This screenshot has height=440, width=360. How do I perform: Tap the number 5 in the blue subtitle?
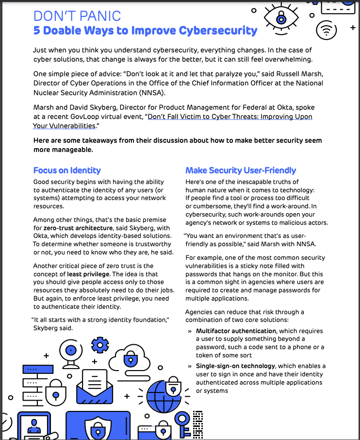(x=37, y=31)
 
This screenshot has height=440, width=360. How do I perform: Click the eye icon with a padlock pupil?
(x=281, y=17)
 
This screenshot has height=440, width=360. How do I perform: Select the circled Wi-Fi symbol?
(x=326, y=31)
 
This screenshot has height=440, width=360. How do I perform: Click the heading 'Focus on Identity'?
(x=67, y=170)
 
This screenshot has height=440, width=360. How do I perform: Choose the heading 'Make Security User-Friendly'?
(x=241, y=170)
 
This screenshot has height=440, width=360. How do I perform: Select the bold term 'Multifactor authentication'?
(x=236, y=331)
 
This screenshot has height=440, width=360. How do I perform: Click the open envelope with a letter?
(x=95, y=384)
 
